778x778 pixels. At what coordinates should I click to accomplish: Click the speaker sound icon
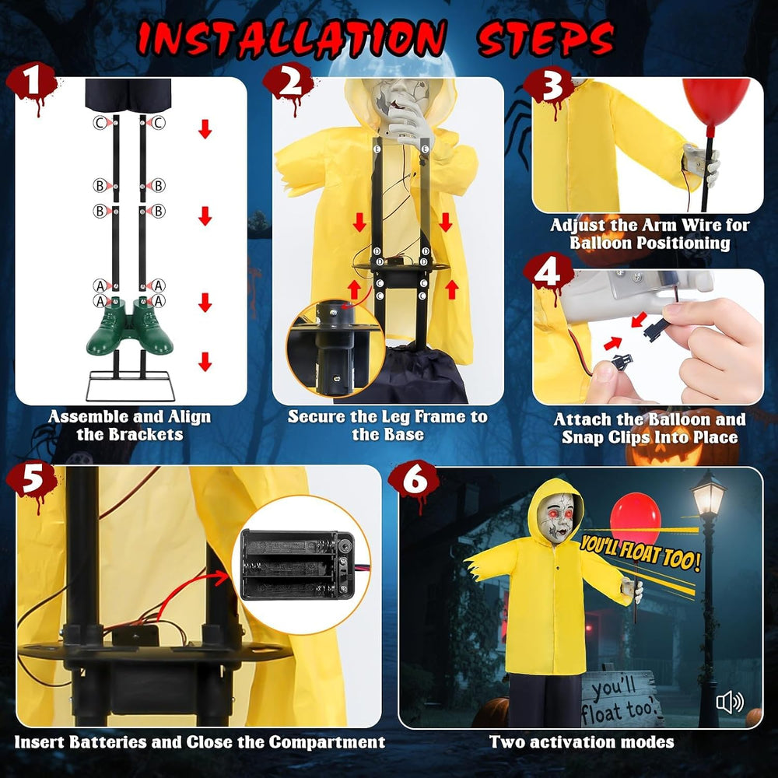730,702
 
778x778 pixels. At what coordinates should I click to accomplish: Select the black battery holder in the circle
298,565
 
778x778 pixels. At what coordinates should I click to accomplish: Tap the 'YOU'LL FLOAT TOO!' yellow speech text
640,552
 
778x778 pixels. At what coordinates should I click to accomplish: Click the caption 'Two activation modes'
581,741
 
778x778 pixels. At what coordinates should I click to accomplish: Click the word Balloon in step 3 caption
601,243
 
